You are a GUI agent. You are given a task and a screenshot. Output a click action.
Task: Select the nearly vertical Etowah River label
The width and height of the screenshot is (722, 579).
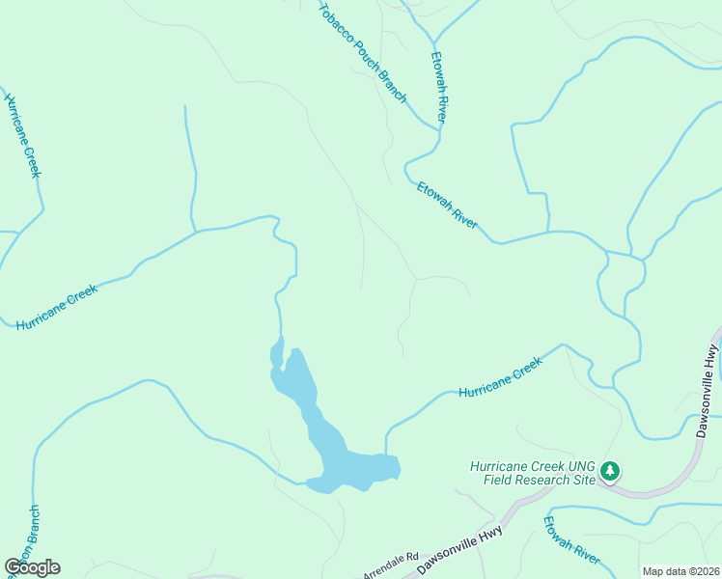coord(440,87)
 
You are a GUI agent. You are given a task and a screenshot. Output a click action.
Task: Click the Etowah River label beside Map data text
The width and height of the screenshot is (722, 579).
coord(571,541)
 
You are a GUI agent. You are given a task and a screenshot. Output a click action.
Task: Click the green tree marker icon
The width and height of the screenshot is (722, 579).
coord(610,471)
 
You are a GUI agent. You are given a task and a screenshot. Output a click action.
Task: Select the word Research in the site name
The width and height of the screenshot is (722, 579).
coord(537,480)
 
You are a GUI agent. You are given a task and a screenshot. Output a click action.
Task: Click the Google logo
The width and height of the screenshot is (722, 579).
coord(33,567)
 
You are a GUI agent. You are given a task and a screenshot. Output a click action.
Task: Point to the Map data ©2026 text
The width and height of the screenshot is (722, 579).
coord(680,571)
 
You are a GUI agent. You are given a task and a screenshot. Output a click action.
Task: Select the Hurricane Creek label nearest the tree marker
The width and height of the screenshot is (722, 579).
coord(501,378)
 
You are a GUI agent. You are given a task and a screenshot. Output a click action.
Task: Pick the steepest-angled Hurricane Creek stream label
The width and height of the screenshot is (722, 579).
coord(24,135)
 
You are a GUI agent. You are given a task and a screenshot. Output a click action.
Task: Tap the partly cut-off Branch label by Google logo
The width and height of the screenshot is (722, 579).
coord(33,531)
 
